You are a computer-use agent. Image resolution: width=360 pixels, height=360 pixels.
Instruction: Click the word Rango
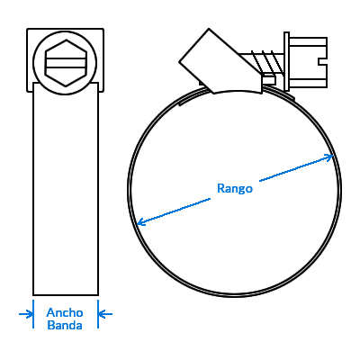pos(235,189)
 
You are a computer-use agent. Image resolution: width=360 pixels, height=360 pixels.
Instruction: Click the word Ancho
pos(65,312)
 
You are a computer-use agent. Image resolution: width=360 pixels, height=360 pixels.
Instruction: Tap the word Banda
pos(65,325)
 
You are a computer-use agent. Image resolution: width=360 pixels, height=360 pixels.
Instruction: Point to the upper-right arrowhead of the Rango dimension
pos(329,157)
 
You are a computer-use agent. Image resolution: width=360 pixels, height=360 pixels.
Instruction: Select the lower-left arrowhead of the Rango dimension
pos(141,222)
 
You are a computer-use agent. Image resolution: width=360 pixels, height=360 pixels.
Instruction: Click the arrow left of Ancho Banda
pos(26,314)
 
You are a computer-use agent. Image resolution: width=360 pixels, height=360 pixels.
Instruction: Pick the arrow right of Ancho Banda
pos(105,314)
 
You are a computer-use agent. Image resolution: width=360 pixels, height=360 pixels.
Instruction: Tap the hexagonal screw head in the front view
pos(66,63)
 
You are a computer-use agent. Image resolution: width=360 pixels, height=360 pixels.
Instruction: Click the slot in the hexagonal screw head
pos(66,63)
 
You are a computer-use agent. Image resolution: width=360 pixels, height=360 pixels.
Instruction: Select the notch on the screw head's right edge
pos(322,61)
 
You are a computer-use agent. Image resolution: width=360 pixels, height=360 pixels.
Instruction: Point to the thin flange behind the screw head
pos(286,61)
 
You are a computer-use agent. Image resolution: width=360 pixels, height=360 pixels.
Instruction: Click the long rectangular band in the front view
pos(66,189)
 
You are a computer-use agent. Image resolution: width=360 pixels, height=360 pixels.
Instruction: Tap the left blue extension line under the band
pos(33,314)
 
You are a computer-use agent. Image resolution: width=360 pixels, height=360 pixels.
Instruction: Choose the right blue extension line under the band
pos(98,314)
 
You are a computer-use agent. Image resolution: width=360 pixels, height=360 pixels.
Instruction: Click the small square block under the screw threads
pos(269,79)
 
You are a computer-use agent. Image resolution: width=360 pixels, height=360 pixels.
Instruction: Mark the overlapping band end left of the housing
pos(192,97)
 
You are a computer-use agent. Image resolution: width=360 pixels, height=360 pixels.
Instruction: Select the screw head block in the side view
pos(308,62)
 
